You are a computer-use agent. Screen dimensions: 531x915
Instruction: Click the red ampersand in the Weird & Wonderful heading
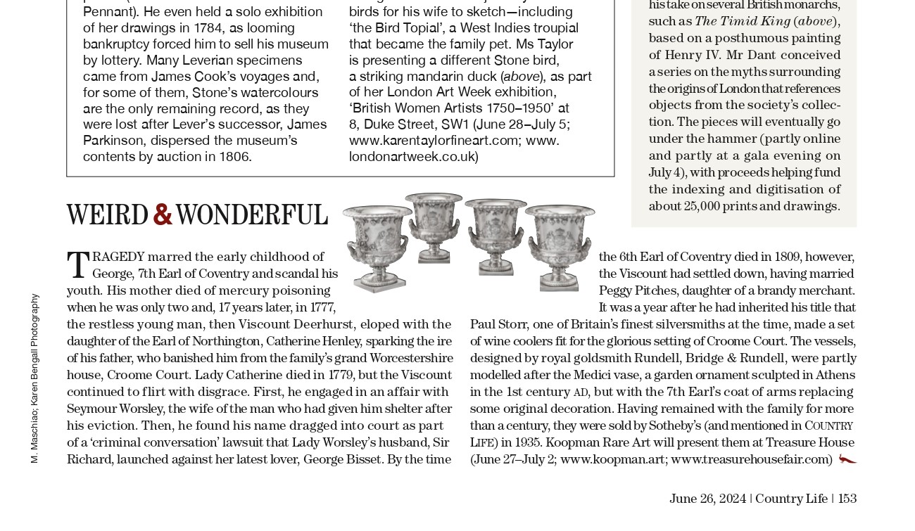pos(163,215)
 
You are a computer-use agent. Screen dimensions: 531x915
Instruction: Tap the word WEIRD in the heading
pos(108,216)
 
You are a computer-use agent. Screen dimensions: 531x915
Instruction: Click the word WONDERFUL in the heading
pos(251,216)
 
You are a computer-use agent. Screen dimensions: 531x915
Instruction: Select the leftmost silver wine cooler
pos(377,247)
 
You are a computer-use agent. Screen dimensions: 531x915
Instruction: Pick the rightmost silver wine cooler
pos(560,245)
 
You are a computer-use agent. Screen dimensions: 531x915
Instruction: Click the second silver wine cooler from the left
pos(434,226)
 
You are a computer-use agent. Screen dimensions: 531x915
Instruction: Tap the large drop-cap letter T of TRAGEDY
pos(78,266)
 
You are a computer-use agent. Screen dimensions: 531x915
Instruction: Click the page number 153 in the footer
pos(847,499)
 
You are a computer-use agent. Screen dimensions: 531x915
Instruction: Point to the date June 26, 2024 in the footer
pos(707,499)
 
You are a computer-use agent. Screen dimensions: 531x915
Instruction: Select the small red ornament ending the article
pos(847,459)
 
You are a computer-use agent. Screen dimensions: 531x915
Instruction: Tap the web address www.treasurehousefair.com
pos(751,459)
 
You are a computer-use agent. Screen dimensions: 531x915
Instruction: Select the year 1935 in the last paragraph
pos(527,442)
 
